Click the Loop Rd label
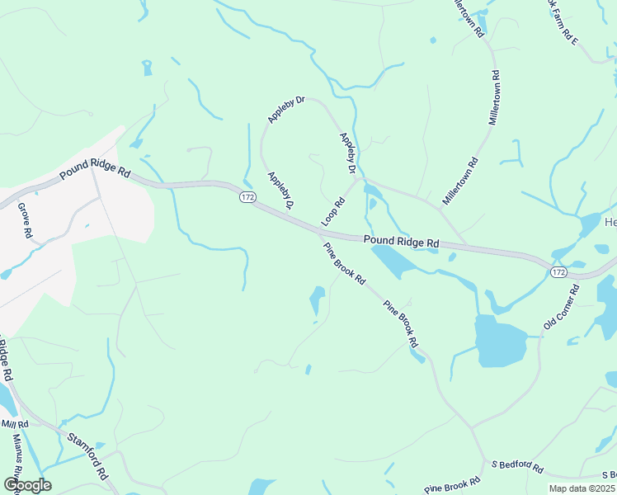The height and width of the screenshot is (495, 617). pos(334,212)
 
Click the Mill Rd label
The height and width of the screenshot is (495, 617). pos(14,423)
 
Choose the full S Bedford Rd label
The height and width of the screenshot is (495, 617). pos(516,468)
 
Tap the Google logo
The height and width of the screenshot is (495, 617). pos(27,484)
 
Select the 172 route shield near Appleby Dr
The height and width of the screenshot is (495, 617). pos(247,198)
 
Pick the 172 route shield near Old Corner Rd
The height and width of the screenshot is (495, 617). pos(558,271)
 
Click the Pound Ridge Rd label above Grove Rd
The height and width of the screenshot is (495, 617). pos(95,175)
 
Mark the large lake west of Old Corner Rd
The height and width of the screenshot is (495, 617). pos(500,342)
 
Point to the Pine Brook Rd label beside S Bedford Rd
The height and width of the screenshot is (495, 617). pos(452,486)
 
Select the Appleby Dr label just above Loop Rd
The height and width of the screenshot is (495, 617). pos(347,153)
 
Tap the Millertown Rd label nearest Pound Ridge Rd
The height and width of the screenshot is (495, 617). pos(460,181)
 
